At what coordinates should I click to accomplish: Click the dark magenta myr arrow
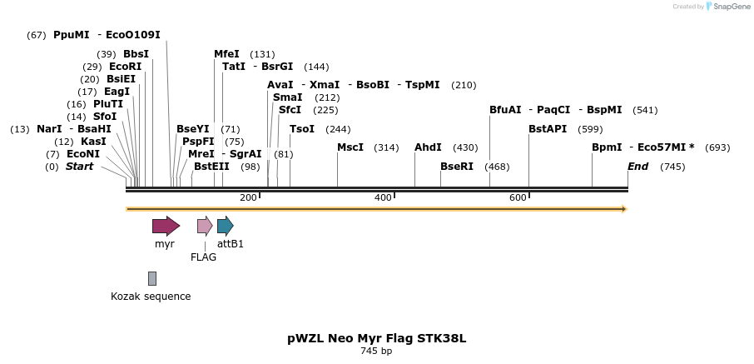(x=166, y=226)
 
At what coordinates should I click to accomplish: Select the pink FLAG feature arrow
(x=204, y=226)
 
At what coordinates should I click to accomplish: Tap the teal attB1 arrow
(x=225, y=226)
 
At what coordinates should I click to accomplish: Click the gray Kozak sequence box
(x=152, y=278)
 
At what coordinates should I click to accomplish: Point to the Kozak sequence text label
(x=151, y=297)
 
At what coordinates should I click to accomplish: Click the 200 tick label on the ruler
(x=248, y=197)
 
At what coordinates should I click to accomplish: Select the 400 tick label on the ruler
(x=383, y=197)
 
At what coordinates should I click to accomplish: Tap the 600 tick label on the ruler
(x=518, y=197)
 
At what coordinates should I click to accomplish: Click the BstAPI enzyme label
(x=548, y=129)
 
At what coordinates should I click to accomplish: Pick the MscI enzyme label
(x=350, y=147)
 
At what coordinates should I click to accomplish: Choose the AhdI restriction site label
(x=428, y=147)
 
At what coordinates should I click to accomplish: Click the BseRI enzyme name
(x=457, y=167)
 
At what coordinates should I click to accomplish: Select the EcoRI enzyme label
(x=125, y=67)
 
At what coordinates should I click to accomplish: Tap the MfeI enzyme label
(x=226, y=54)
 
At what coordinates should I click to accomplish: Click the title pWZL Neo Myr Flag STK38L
(x=376, y=338)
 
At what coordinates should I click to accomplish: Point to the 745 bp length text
(x=376, y=352)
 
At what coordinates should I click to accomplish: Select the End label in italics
(x=637, y=167)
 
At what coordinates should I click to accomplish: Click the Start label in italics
(x=80, y=167)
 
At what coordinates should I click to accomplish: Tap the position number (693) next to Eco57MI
(x=717, y=147)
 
